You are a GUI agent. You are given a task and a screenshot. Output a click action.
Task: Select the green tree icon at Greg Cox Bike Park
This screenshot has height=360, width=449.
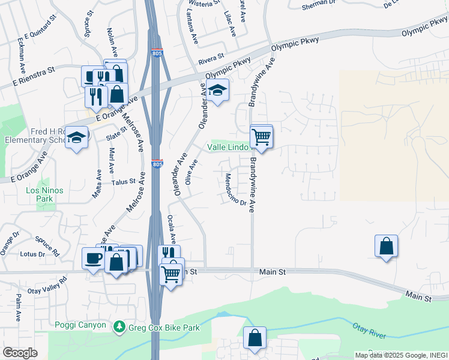tap(120, 326)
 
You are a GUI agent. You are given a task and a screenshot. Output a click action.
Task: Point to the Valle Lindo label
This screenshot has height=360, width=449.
tap(228, 146)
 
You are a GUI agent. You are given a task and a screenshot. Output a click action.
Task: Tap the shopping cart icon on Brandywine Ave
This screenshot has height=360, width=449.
tap(261, 137)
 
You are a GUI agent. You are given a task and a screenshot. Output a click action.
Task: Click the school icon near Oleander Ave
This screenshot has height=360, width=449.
tap(218, 90)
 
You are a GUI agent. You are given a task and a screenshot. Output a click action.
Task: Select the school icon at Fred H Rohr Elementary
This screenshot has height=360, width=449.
tap(77, 137)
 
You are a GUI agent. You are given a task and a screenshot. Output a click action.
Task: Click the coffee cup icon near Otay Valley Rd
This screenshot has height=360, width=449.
tap(92, 258)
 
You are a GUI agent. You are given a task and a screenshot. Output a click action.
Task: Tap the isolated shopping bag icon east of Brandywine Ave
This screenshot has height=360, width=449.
tap(386, 246)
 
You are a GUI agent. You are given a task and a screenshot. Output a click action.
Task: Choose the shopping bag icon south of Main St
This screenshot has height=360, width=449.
tap(255, 338)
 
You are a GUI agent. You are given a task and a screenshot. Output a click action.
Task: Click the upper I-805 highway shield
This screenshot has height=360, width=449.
tap(157, 53)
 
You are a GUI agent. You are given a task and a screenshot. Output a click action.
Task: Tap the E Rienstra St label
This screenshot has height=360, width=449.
tap(28, 76)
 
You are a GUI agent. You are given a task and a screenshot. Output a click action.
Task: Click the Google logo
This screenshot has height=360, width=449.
tap(20, 353)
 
